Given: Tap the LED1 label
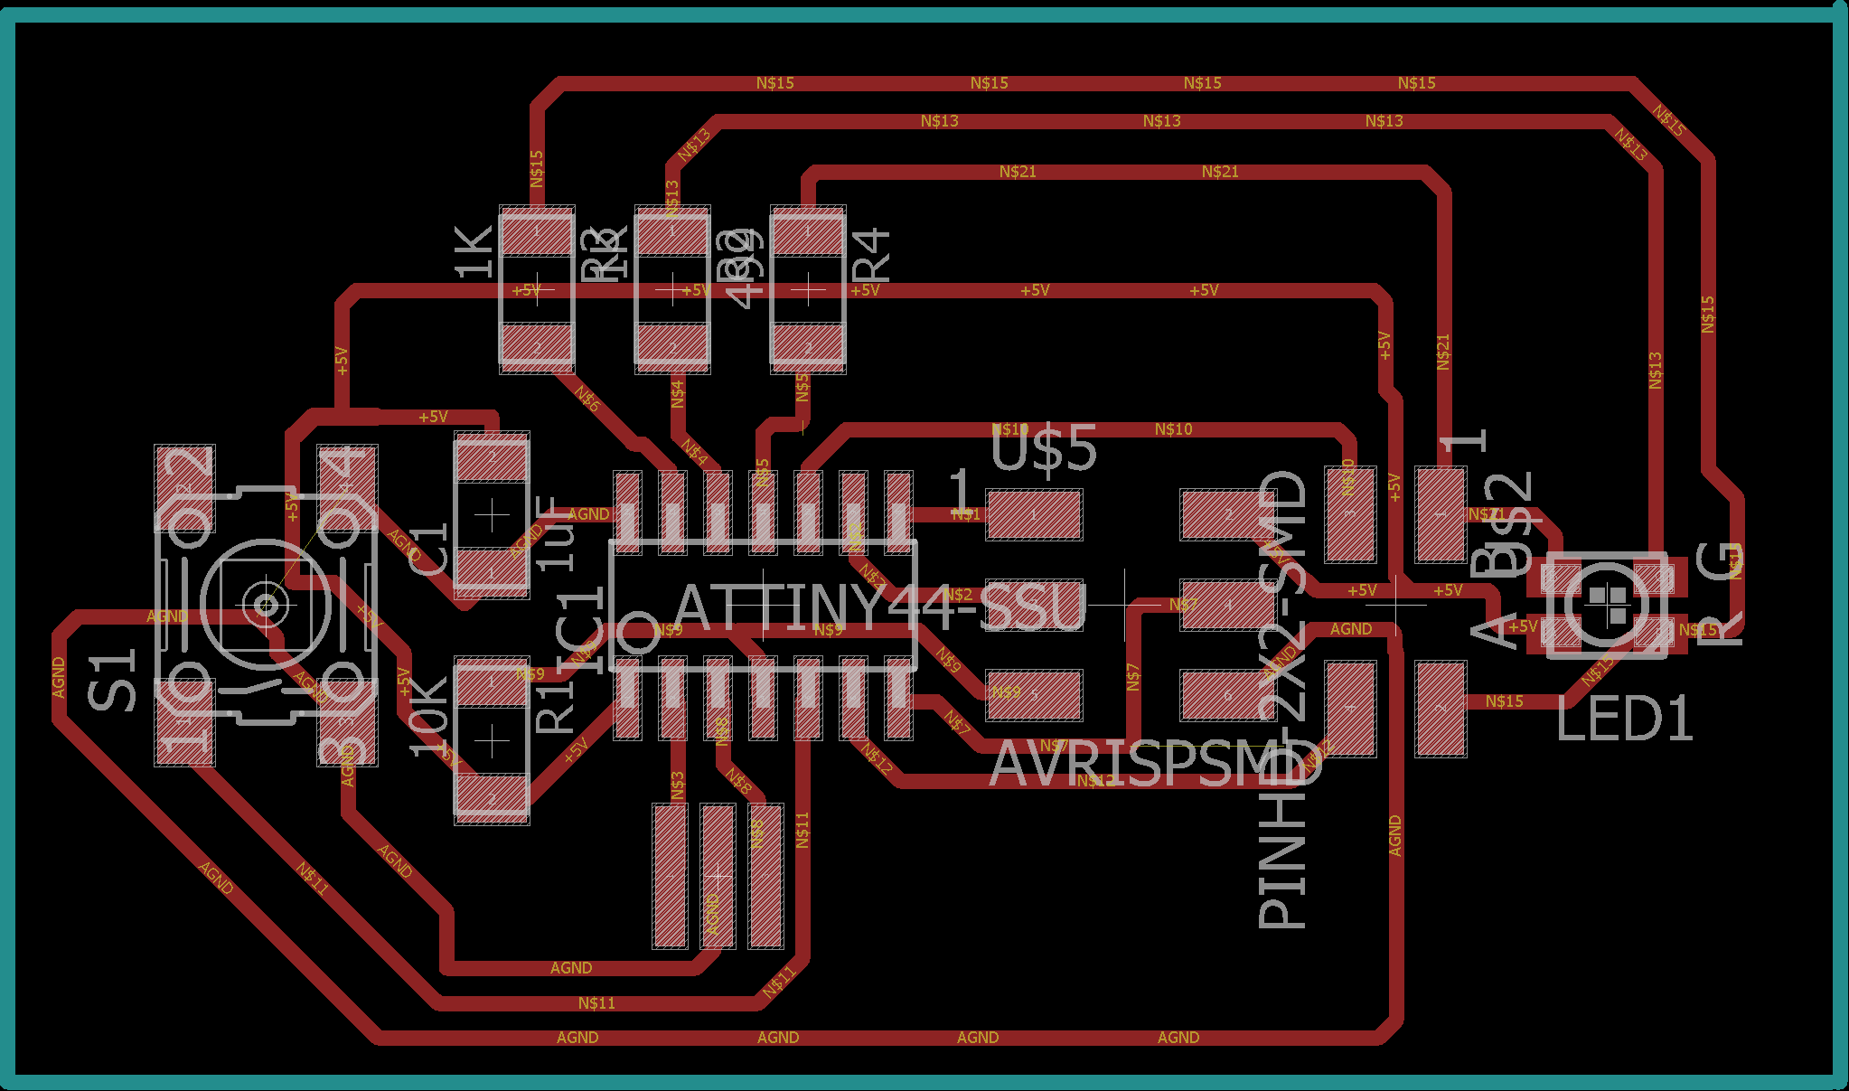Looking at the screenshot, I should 1624,720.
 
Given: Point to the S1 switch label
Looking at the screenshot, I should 112,680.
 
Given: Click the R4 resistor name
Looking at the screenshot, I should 872,256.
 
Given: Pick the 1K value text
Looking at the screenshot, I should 474,251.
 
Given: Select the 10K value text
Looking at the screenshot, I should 428,717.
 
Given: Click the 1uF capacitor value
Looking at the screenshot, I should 557,533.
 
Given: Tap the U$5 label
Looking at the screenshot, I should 1044,448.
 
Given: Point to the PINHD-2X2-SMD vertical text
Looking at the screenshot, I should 1282,699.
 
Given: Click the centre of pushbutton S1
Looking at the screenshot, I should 266,603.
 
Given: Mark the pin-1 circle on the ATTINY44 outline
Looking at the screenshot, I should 639,634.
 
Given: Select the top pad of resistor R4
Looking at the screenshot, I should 808,232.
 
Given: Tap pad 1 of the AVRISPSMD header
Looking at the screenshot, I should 1034,514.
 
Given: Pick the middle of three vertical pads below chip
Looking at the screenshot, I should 718,876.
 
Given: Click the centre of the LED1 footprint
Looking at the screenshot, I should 1606,605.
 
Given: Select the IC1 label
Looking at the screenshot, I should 581,630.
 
